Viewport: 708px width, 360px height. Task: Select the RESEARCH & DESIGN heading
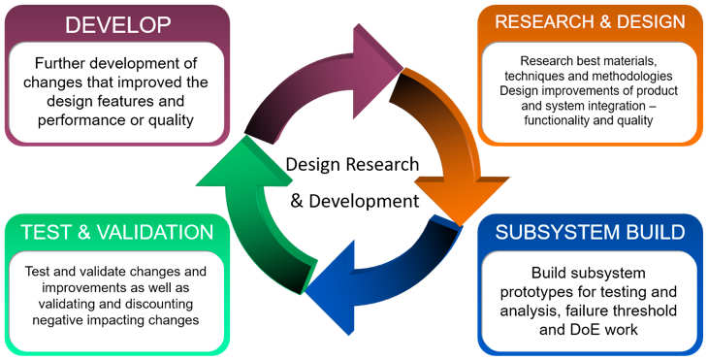pyautogui.click(x=591, y=21)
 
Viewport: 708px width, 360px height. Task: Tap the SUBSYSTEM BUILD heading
pyautogui.click(x=591, y=232)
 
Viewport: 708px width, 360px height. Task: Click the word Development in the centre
pyautogui.click(x=370, y=201)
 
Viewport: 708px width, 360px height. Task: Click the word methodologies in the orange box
pyautogui.click(x=628, y=75)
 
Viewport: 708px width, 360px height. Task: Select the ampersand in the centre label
pyautogui.click(x=299, y=201)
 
